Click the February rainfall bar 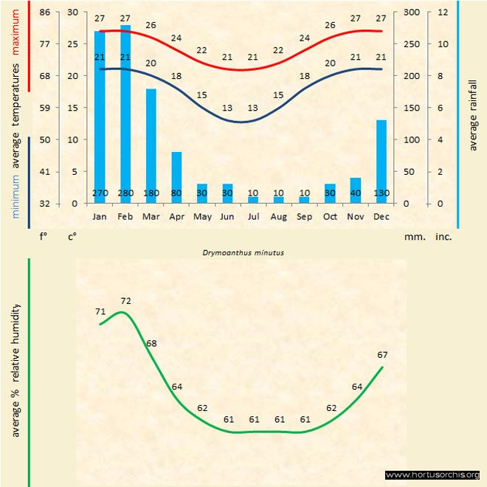[x=125, y=111]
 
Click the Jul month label [x=253, y=216]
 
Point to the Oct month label [x=330, y=216]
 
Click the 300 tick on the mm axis [x=412, y=13]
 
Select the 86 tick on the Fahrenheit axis [x=45, y=13]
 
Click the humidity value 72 [x=125, y=300]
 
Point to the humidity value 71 [x=100, y=311]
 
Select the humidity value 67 [x=382, y=355]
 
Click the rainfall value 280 [x=125, y=193]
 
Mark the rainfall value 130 [x=381, y=193]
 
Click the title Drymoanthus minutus [x=243, y=252]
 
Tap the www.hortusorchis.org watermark [x=432, y=475]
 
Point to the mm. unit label [x=412, y=237]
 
